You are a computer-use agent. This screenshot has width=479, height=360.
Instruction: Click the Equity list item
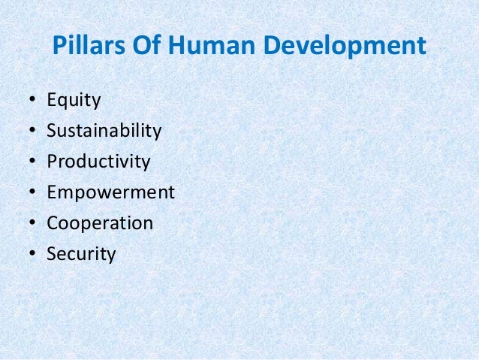tap(74, 101)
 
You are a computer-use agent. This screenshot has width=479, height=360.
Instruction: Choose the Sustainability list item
tap(104, 132)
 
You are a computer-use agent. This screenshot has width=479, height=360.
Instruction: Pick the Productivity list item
tap(98, 162)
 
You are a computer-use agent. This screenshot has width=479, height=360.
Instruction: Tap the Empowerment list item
tap(110, 193)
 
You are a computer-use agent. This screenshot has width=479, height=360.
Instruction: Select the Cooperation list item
tap(100, 224)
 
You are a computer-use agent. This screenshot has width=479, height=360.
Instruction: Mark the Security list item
tap(81, 255)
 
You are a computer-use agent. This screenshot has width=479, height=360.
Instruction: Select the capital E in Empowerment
tap(52, 193)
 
